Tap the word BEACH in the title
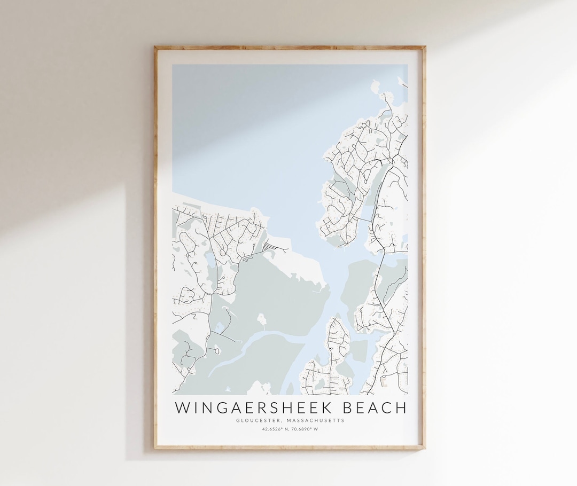373,408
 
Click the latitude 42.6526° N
274,428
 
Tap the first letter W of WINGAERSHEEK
182,408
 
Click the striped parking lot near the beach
270,247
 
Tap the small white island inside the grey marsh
262,320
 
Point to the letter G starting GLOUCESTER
237,420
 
